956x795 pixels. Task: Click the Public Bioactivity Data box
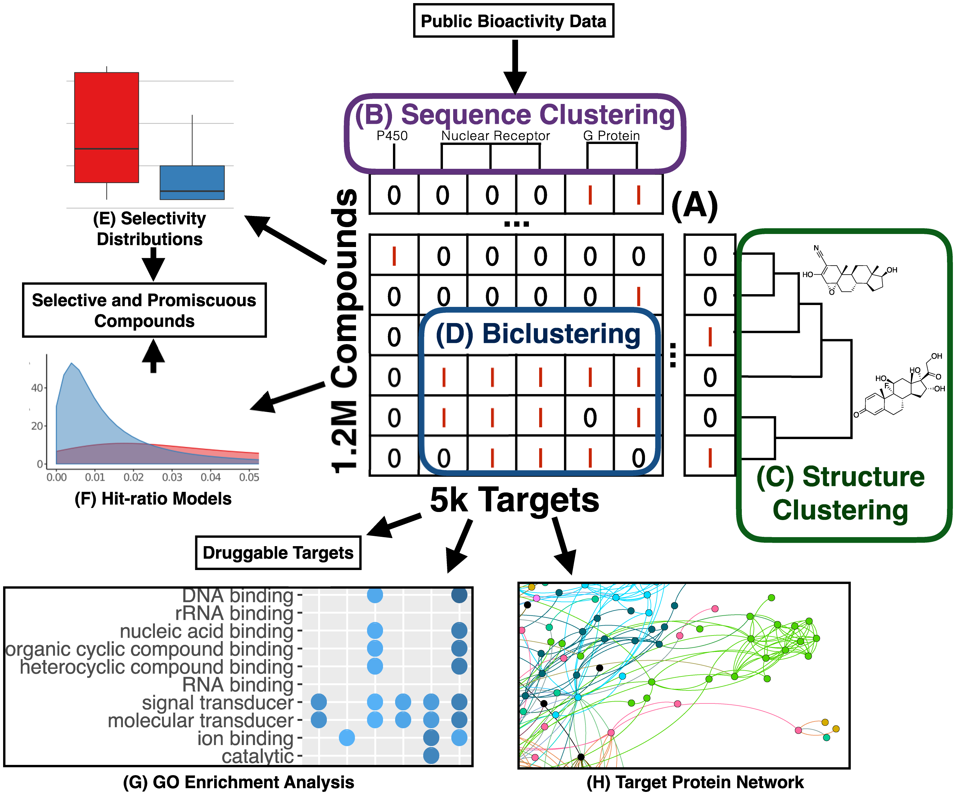tap(513, 21)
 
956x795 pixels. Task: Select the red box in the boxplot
tap(106, 128)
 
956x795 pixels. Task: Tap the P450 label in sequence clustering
tap(392, 136)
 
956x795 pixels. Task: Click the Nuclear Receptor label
tap(495, 136)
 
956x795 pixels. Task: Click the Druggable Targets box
tap(278, 552)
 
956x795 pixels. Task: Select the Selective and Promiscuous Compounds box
tap(144, 310)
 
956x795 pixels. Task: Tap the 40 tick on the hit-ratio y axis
tap(37, 388)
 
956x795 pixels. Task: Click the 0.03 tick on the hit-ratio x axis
tap(172, 477)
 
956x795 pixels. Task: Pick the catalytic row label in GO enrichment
tap(257, 756)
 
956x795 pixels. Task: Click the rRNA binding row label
tap(234, 613)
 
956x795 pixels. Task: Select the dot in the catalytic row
tap(431, 755)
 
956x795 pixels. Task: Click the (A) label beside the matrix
tap(694, 206)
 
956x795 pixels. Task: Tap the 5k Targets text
tap(514, 500)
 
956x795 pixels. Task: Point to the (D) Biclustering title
tap(538, 334)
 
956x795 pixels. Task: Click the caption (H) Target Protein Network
tap(695, 782)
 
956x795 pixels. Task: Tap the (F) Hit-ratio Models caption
tap(153, 498)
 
